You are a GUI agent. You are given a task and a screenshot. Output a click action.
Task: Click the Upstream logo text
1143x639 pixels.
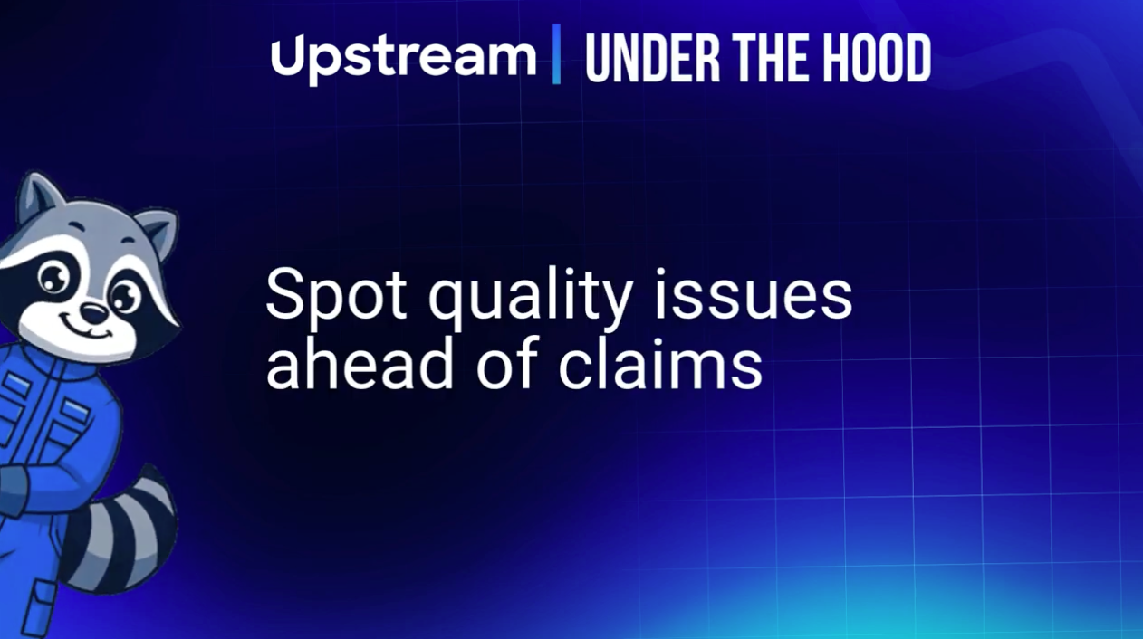(x=403, y=59)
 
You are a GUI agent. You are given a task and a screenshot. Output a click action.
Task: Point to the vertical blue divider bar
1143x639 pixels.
(x=557, y=53)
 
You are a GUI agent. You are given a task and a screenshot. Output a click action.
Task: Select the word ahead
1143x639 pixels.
(x=360, y=363)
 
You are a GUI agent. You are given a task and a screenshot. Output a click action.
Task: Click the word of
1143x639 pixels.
(x=508, y=363)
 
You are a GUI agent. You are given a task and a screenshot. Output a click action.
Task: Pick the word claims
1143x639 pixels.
(x=661, y=363)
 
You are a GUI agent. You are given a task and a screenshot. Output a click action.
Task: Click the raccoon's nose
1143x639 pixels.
(x=94, y=313)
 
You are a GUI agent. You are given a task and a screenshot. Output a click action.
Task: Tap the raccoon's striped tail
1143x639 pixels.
(x=122, y=530)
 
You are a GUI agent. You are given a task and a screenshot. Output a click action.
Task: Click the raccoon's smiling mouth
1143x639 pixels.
(x=87, y=330)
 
